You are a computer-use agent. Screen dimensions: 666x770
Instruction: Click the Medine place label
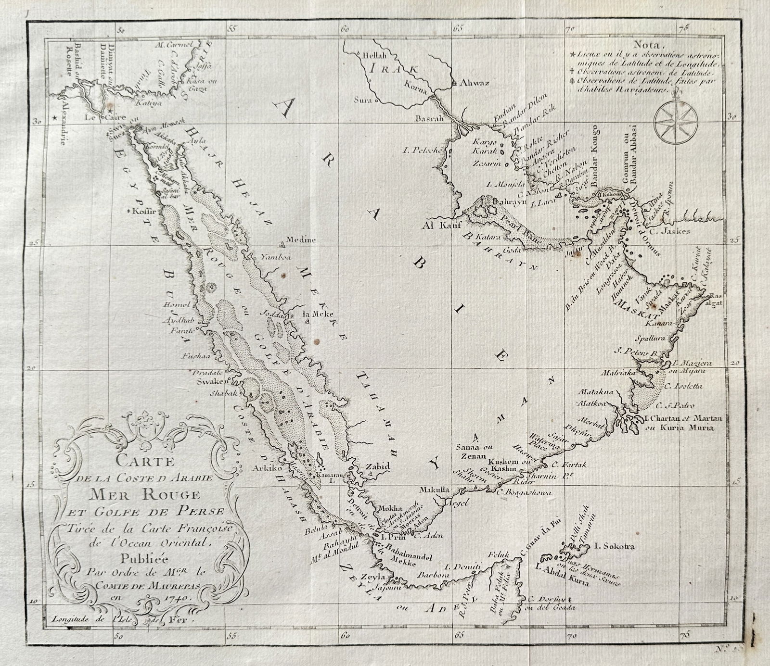[x=301, y=239]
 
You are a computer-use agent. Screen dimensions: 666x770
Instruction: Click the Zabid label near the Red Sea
[x=377, y=466]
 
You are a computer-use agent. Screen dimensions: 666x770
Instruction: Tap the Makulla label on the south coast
[x=435, y=489]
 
